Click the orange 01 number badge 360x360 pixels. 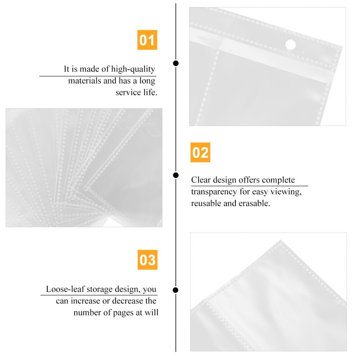147,40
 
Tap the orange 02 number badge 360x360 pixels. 200,153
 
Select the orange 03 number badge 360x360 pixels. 147,260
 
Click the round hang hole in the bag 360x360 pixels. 291,45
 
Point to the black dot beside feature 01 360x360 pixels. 175,63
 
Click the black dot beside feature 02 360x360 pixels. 175,175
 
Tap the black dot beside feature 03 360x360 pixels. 175,290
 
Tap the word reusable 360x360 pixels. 205,204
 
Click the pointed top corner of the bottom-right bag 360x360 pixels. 280,241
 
